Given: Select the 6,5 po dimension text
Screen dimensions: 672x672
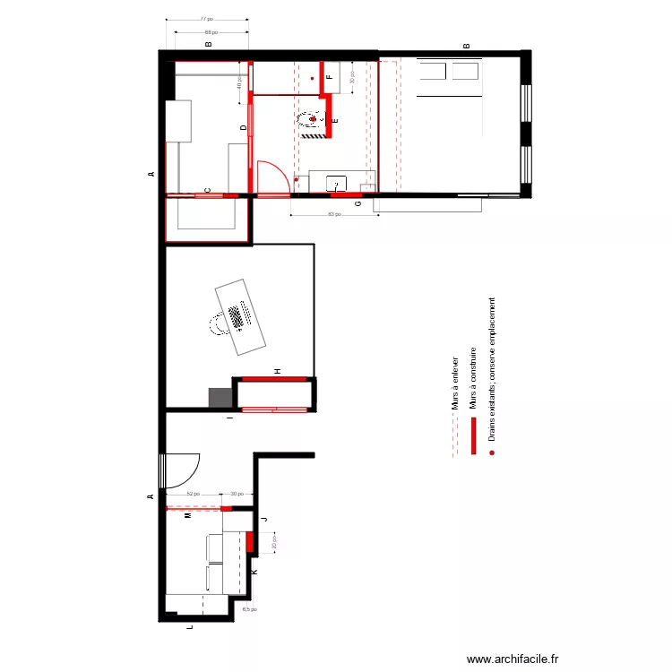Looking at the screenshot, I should click(x=248, y=609).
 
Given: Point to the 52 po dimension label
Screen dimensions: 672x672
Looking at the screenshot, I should click(x=192, y=494).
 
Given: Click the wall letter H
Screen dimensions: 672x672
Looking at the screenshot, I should click(x=278, y=370).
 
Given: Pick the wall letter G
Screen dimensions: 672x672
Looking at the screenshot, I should click(x=358, y=204).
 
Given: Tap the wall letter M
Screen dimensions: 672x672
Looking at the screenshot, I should click(x=187, y=517).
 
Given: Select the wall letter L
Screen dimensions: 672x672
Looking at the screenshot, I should click(x=188, y=629).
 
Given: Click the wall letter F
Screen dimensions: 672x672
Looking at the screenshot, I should click(x=329, y=78).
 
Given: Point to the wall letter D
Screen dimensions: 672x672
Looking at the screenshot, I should click(x=243, y=128).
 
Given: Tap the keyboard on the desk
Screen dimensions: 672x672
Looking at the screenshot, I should click(x=239, y=316).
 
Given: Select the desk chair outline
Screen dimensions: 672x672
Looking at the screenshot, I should click(x=217, y=323).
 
